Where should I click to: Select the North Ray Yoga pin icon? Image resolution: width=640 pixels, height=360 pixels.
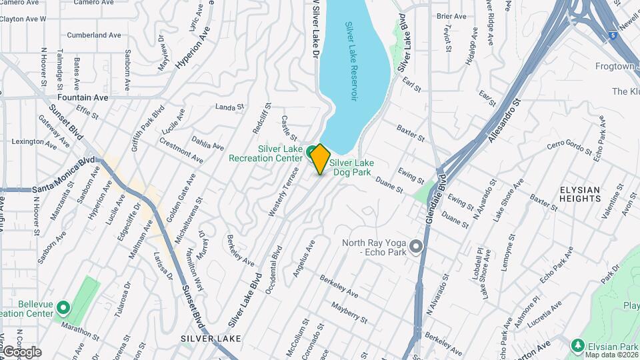[417, 247]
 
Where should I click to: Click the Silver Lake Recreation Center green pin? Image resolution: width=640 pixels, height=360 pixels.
[311, 151]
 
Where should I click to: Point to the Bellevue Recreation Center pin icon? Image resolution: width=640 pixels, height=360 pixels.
[63, 308]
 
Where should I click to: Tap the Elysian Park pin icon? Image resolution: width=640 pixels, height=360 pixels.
[578, 346]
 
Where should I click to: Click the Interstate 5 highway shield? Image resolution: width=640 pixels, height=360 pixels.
[612, 35]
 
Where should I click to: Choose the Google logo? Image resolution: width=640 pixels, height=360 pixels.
[21, 351]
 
